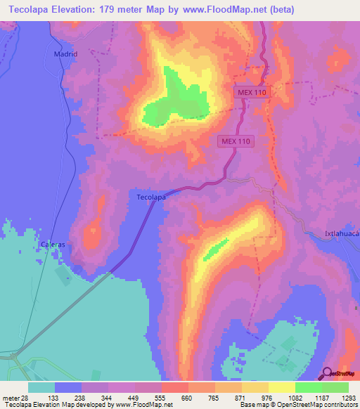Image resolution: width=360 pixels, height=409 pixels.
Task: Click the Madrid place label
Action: (65, 53)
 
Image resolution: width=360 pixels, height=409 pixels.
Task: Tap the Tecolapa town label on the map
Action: (150, 197)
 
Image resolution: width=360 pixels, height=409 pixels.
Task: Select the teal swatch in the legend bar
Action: (41, 387)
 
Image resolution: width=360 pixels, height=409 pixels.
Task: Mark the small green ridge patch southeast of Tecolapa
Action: (216, 247)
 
